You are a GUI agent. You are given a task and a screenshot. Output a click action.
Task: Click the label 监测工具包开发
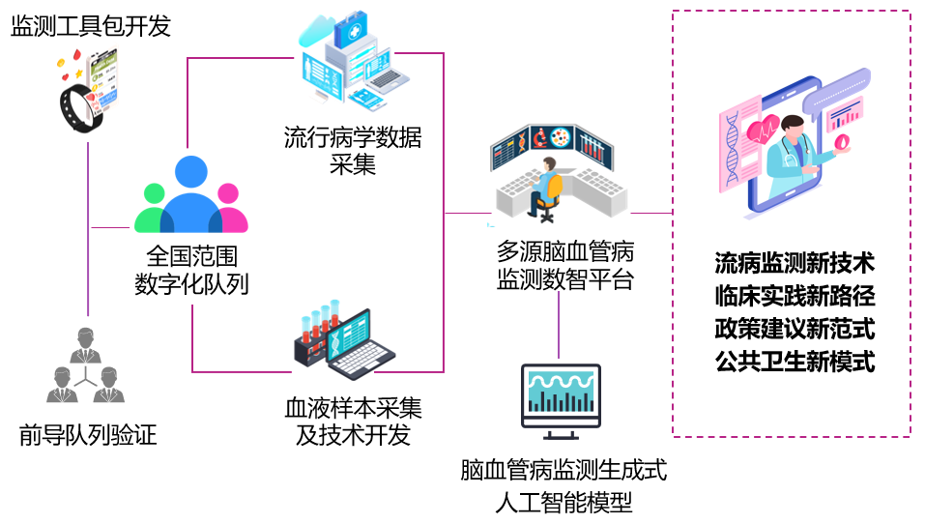[91, 26]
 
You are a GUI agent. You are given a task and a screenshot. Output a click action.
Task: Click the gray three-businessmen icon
[86, 365]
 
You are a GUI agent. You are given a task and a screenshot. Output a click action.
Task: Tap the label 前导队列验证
[88, 435]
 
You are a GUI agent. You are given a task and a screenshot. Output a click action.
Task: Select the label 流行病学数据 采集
[353, 150]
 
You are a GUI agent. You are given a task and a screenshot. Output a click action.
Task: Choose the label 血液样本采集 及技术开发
[353, 422]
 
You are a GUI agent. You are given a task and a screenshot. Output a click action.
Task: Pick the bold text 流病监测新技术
[795, 263]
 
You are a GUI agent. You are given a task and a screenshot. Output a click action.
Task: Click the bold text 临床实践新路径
[795, 296]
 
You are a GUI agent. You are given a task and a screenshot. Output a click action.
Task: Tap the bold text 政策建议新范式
[795, 329]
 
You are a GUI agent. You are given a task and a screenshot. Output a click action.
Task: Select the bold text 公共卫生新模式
[795, 362]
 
